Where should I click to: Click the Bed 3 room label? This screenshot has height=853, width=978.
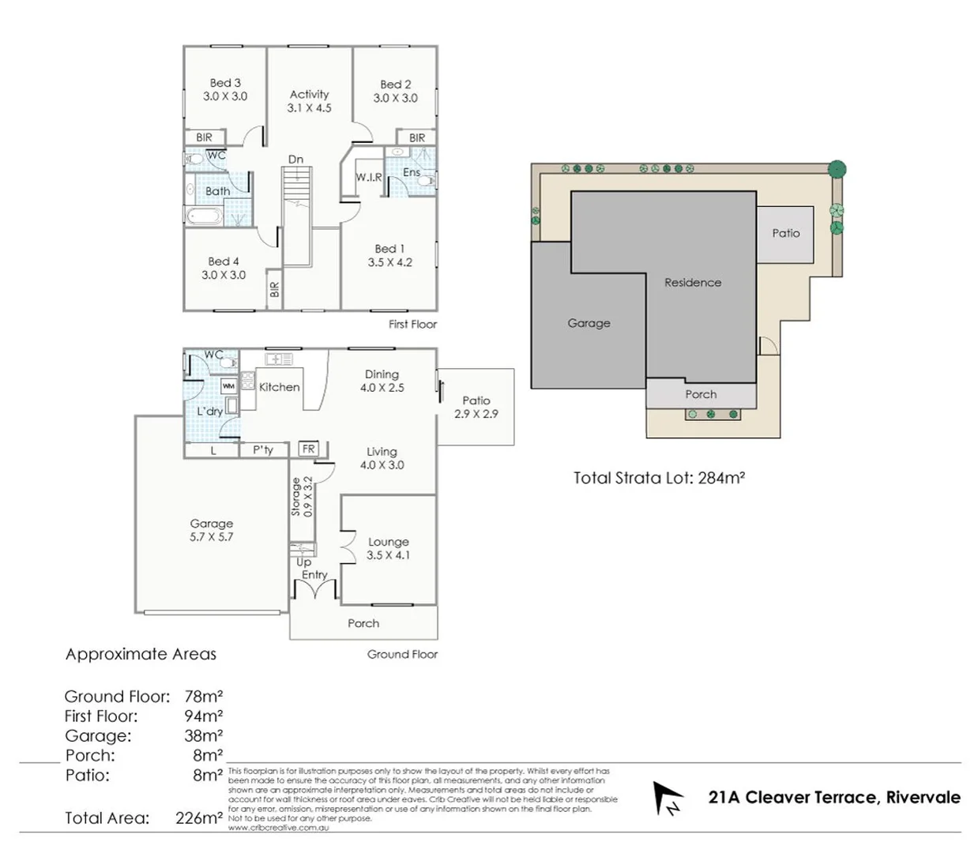coord(225,83)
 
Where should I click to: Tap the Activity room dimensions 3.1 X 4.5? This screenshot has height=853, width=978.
coord(309,108)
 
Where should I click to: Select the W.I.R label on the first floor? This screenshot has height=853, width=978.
coord(368,178)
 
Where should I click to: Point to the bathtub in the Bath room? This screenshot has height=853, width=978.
coord(205,216)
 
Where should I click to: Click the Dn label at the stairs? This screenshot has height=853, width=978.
coord(295,160)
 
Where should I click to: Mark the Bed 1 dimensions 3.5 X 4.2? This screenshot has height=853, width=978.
coord(389,263)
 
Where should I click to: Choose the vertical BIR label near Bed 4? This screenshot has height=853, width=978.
coord(274,290)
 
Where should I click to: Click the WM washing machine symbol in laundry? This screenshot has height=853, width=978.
coord(228,386)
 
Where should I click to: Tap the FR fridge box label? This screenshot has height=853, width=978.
coord(308,449)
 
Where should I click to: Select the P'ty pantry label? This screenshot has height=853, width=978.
coord(263,450)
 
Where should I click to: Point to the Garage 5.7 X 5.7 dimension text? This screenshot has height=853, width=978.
coord(211,537)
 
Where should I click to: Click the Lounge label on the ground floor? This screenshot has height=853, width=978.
coord(388,542)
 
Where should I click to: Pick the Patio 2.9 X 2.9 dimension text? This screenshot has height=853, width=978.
coord(476,414)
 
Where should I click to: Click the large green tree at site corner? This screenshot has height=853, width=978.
coord(837,169)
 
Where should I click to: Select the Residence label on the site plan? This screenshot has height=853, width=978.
coord(692,283)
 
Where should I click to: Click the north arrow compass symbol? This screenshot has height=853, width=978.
coord(667,798)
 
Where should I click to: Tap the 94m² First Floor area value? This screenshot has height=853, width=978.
coord(203,716)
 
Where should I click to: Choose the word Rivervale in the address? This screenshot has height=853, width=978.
coord(923,798)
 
